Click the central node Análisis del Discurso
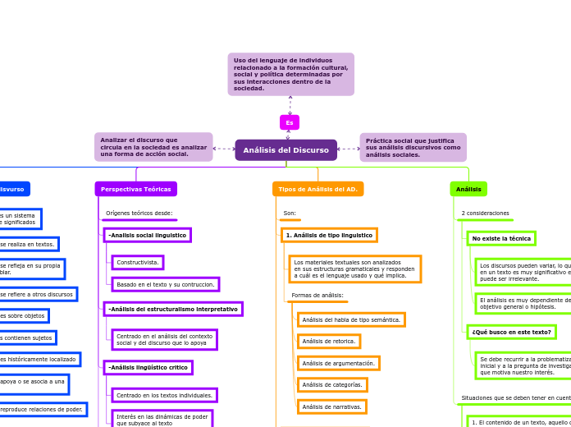click(x=285, y=150)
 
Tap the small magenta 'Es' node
click(x=290, y=122)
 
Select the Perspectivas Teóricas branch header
click(x=135, y=189)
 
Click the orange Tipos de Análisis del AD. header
click(x=317, y=189)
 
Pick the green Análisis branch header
click(x=468, y=189)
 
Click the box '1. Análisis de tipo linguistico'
click(x=329, y=235)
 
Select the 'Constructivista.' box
click(x=138, y=263)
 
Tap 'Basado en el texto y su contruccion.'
click(x=165, y=284)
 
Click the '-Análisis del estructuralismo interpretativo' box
click(x=172, y=309)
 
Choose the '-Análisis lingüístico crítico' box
click(x=148, y=367)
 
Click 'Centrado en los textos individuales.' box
click(x=164, y=395)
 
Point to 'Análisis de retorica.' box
click(x=329, y=341)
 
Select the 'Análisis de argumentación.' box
click(x=338, y=363)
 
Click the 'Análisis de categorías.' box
click(x=331, y=384)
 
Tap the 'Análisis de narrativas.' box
click(x=331, y=406)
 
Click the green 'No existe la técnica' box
click(x=501, y=238)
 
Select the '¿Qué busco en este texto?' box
click(x=511, y=332)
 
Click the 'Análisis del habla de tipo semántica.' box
click(x=351, y=319)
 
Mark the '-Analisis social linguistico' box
click(x=147, y=235)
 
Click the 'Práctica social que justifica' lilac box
click(x=413, y=148)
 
